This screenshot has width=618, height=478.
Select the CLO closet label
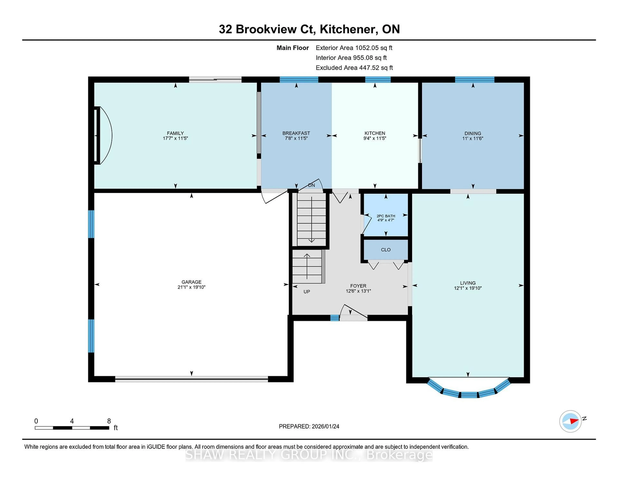point(386,250)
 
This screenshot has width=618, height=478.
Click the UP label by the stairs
point(307,292)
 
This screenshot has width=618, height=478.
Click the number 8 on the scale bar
point(109,421)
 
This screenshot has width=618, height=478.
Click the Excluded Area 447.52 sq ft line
point(354,68)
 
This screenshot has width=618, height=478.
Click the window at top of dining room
point(475,80)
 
